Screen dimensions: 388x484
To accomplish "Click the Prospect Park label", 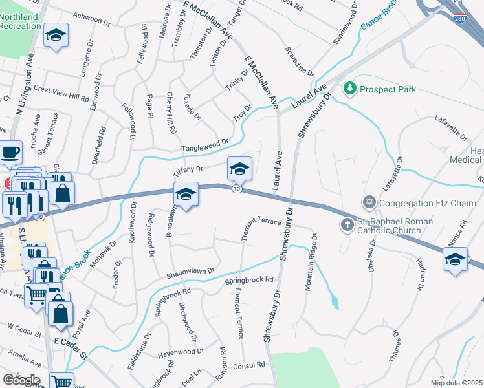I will click(x=388, y=89).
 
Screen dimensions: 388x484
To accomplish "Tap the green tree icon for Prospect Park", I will click(x=350, y=87).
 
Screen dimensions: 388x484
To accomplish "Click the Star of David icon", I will click(x=370, y=203).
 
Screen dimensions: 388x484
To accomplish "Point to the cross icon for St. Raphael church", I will click(x=347, y=225).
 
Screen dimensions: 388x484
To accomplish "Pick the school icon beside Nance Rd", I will click(x=456, y=260).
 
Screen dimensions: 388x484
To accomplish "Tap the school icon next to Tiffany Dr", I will click(x=239, y=169).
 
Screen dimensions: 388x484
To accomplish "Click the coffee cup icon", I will click(x=10, y=153).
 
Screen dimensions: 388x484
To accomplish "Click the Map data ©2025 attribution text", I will click(x=456, y=383).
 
